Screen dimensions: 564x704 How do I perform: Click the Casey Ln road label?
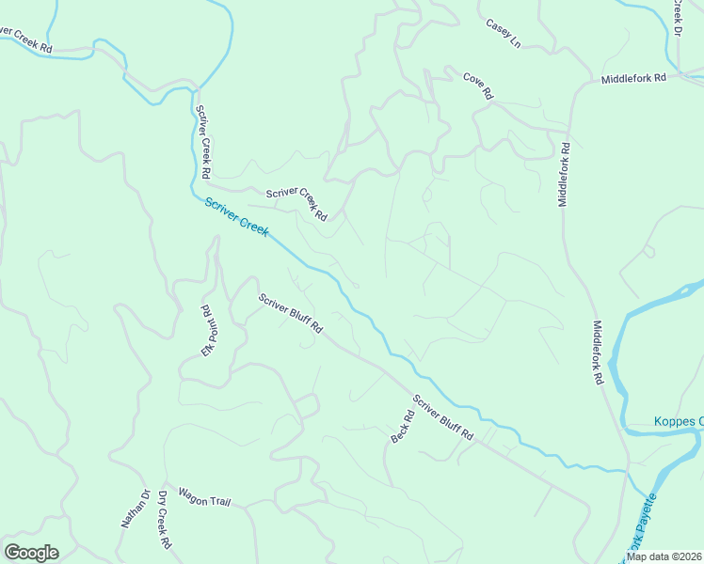tap(504, 33)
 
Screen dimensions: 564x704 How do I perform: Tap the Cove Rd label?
tap(478, 86)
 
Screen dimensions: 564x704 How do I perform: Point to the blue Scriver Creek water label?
tap(237, 215)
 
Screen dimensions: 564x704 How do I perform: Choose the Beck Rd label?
tap(402, 428)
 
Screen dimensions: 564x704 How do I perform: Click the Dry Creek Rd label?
tap(164, 520)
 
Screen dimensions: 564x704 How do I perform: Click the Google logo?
tap(31, 553)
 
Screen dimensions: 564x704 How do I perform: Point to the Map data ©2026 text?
tap(664, 556)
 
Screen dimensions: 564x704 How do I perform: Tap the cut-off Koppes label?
tap(679, 421)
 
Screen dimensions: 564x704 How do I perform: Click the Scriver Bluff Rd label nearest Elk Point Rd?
tap(291, 314)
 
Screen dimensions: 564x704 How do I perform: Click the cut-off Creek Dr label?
tap(677, 18)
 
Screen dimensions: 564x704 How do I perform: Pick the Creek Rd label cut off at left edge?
tap(25, 40)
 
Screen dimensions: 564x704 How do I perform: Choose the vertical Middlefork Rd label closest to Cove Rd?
tap(565, 175)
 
